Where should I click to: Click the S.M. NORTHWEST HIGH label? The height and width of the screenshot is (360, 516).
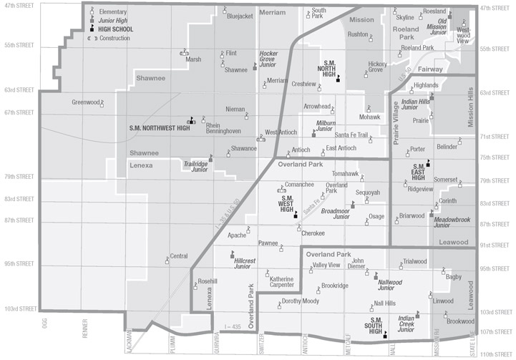(159, 127)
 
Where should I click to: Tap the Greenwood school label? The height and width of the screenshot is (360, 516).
(84, 102)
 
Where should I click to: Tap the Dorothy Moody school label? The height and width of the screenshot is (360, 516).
(300, 301)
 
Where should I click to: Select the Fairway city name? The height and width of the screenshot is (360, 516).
(452, 69)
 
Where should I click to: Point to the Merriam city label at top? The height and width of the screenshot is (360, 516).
(272, 13)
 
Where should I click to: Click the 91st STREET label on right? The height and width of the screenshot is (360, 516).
(495, 246)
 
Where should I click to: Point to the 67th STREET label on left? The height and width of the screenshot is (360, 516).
(17, 112)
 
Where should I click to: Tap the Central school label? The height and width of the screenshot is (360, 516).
(178, 256)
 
